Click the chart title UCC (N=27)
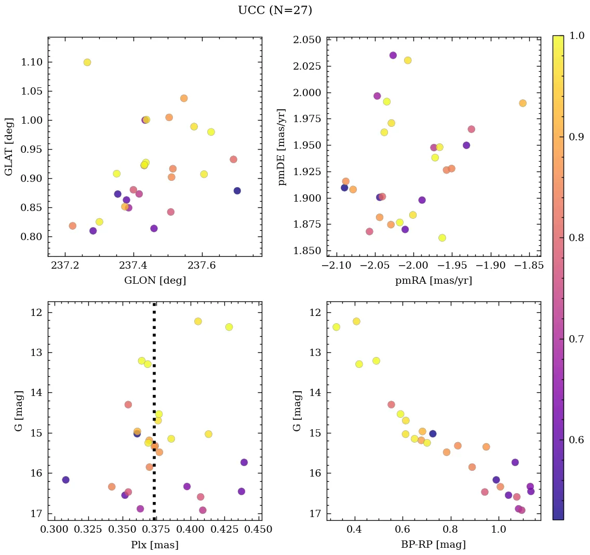click(x=275, y=10)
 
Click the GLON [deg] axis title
click(x=155, y=281)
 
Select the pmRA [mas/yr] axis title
click(x=434, y=281)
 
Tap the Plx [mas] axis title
click(x=155, y=545)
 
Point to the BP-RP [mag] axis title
click(x=434, y=545)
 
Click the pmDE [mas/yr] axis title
click(x=282, y=147)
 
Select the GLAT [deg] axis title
click(x=9, y=147)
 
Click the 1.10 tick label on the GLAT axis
click(x=32, y=62)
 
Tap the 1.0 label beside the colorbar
click(x=576, y=36)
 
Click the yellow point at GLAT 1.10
click(x=87, y=62)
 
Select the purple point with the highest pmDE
click(x=393, y=55)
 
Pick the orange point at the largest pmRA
click(x=522, y=103)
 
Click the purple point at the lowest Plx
click(x=65, y=480)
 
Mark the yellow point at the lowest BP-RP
click(x=336, y=327)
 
